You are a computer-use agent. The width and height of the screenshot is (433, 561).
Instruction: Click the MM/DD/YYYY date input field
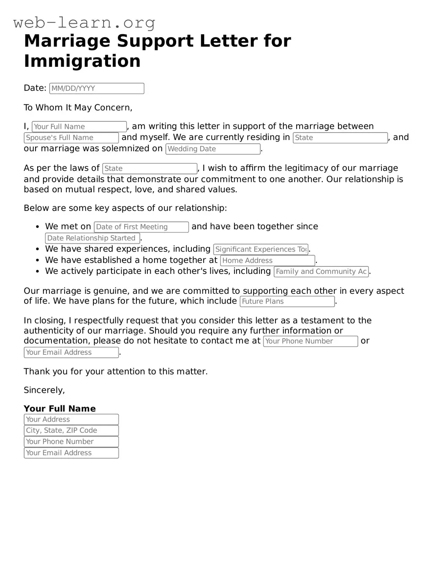coord(97,88)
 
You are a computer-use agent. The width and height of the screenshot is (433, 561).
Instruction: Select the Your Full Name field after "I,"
coord(79,126)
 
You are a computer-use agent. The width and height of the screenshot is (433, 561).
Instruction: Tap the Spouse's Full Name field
coord(71,138)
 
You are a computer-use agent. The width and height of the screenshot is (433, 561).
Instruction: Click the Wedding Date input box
coord(213,149)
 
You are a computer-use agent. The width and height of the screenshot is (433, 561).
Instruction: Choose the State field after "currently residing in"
coord(340,138)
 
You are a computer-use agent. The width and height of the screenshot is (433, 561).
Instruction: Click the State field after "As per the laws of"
coord(150,169)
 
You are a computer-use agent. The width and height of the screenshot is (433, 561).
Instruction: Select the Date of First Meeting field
coord(141,227)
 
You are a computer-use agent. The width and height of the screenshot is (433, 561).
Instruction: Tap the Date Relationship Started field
coord(93,238)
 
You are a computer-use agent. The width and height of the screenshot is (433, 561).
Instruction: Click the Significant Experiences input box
coord(261,249)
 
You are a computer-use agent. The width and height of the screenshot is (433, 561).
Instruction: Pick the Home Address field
coord(268,261)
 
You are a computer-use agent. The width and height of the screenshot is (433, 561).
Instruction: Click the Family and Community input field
coord(321,272)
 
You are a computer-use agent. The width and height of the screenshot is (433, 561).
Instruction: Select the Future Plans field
coord(287,301)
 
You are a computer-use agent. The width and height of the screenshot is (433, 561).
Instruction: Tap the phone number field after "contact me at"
coord(310,341)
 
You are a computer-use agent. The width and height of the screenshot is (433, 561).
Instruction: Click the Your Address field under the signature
coord(71,419)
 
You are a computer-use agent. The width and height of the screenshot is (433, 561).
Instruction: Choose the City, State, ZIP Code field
coord(71,430)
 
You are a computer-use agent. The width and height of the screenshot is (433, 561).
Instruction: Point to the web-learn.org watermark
coord(84,22)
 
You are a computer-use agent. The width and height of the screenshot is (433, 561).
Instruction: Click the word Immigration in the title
coord(82,61)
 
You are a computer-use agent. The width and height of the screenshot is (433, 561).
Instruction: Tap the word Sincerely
coord(44,390)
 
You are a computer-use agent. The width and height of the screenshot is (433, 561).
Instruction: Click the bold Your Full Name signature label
coord(60,408)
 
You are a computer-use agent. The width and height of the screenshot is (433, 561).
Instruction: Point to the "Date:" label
coord(35,88)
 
